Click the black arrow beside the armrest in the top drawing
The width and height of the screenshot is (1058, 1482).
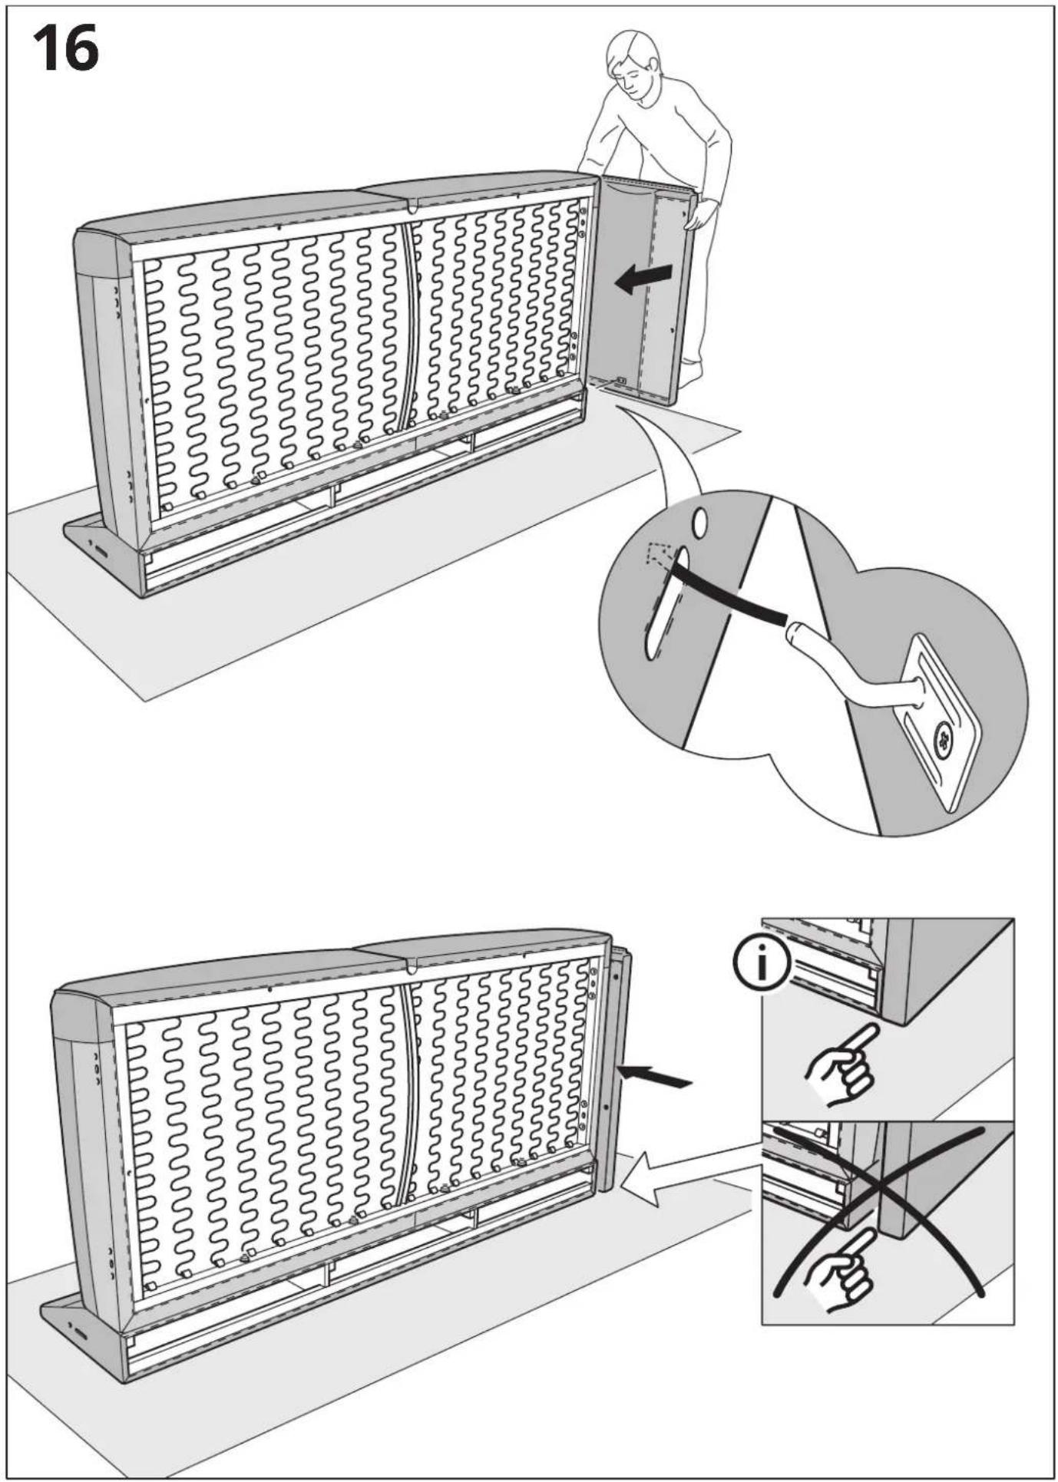click(644, 279)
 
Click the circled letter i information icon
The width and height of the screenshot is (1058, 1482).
click(761, 965)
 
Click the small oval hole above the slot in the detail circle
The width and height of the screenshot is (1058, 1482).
click(699, 523)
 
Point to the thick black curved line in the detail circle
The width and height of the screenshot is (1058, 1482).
click(729, 592)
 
